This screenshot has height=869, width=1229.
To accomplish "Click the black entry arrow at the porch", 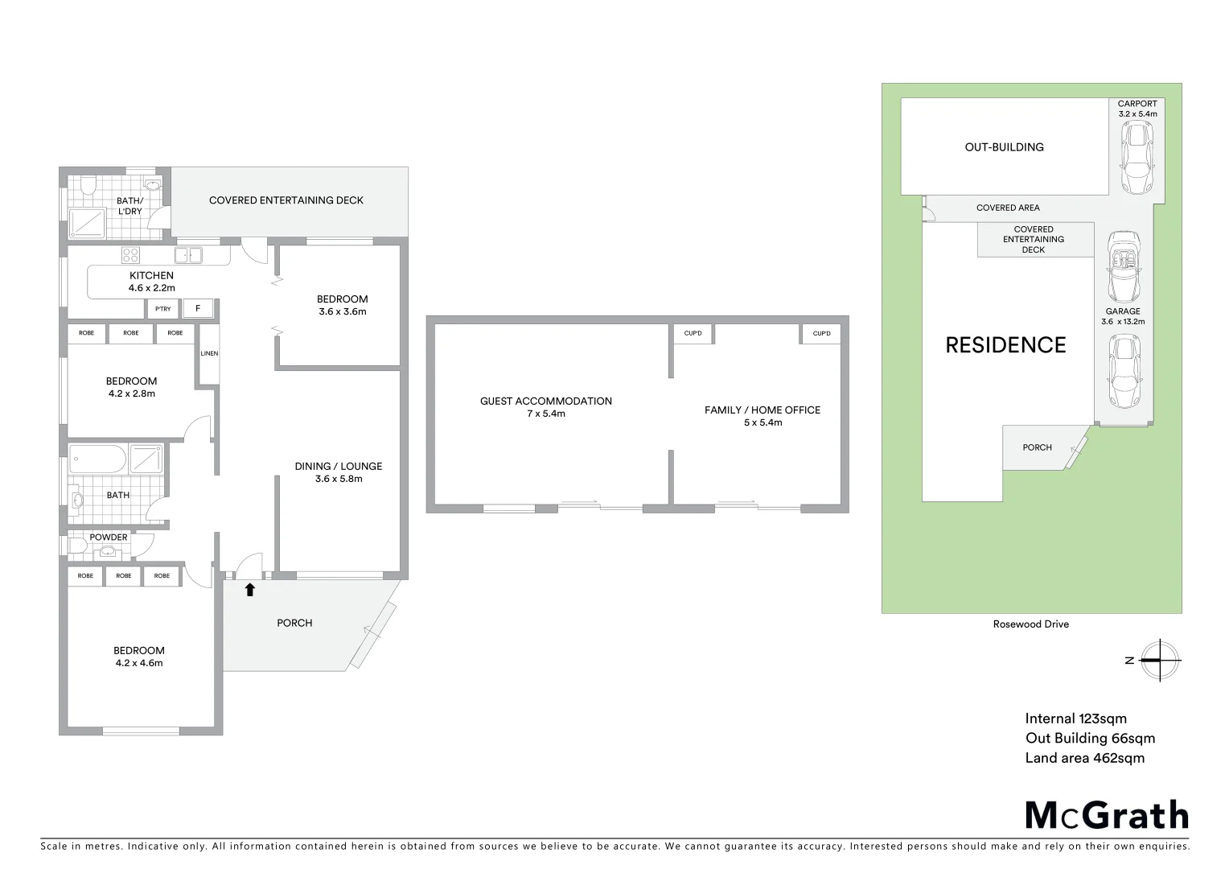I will tap(249, 590).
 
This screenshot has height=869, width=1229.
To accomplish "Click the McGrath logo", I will tap(1107, 815).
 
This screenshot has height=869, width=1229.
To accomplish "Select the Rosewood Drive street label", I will tap(1031, 624).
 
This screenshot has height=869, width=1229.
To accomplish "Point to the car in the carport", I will tap(1136, 158).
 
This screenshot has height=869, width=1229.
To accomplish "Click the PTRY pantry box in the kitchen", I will tap(163, 309).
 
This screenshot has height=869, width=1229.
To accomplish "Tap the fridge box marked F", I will tap(198, 309).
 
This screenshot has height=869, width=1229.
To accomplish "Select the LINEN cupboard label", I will tap(209, 354).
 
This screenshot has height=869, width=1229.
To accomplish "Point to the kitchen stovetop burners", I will tap(130, 256).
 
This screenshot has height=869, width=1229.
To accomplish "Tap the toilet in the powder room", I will tap(78, 546).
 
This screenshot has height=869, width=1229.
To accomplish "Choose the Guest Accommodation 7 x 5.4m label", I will tap(546, 407).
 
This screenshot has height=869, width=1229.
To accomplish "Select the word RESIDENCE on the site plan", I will tap(1005, 345).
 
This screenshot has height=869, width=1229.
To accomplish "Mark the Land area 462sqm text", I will tap(1084, 758).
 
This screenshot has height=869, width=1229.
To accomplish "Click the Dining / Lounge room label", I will tap(338, 472).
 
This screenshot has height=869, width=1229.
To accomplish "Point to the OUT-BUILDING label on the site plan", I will tap(1005, 147).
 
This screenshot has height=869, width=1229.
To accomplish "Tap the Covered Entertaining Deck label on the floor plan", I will tap(286, 200).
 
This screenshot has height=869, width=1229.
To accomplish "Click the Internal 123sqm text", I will tap(1075, 719).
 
